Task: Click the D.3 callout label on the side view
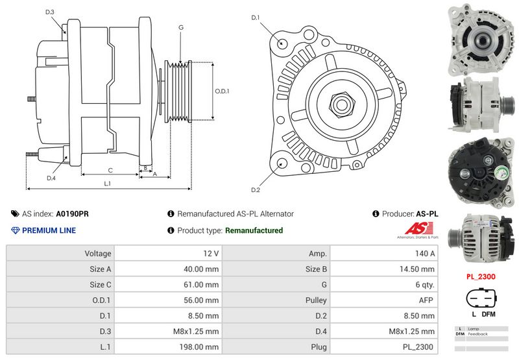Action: coord(50,12)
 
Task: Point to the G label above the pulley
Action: coord(181,27)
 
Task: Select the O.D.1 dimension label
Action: coord(222,91)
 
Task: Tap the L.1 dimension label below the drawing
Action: coord(108,184)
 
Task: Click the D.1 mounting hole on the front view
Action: coord(282,43)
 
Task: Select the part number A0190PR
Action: coord(72,213)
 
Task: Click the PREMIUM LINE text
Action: coord(49,230)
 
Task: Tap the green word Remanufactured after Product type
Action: coord(254,230)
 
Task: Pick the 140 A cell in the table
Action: coord(383,254)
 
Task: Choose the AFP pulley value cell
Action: coord(383,300)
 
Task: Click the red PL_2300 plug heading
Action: coord(481,276)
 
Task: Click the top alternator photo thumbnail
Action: coord(481,40)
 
